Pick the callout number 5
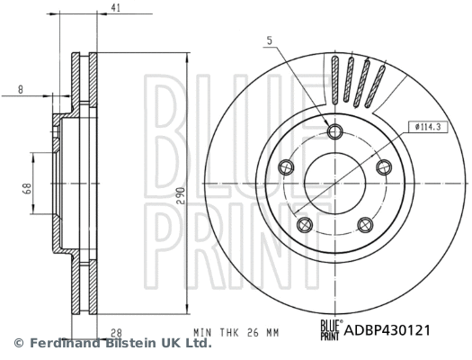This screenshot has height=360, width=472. [269, 39]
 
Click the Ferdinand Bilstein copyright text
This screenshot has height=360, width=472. [111, 344]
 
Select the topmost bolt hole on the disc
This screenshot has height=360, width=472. [336, 133]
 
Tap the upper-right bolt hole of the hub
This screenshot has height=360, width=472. [384, 166]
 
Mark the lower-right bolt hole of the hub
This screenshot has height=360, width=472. [366, 224]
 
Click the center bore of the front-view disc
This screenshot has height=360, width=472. [336, 184]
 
